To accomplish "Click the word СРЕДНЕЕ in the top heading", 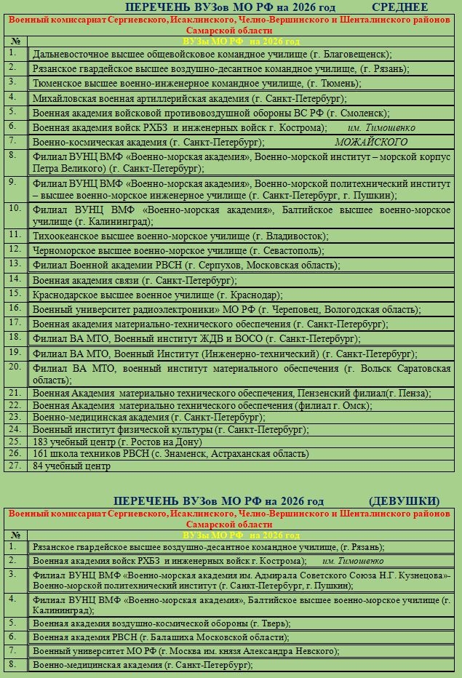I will (x=399, y=7).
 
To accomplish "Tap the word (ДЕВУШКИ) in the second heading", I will (x=405, y=500).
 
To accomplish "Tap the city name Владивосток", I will (x=295, y=236).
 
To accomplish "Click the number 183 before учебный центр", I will (x=41, y=442).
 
